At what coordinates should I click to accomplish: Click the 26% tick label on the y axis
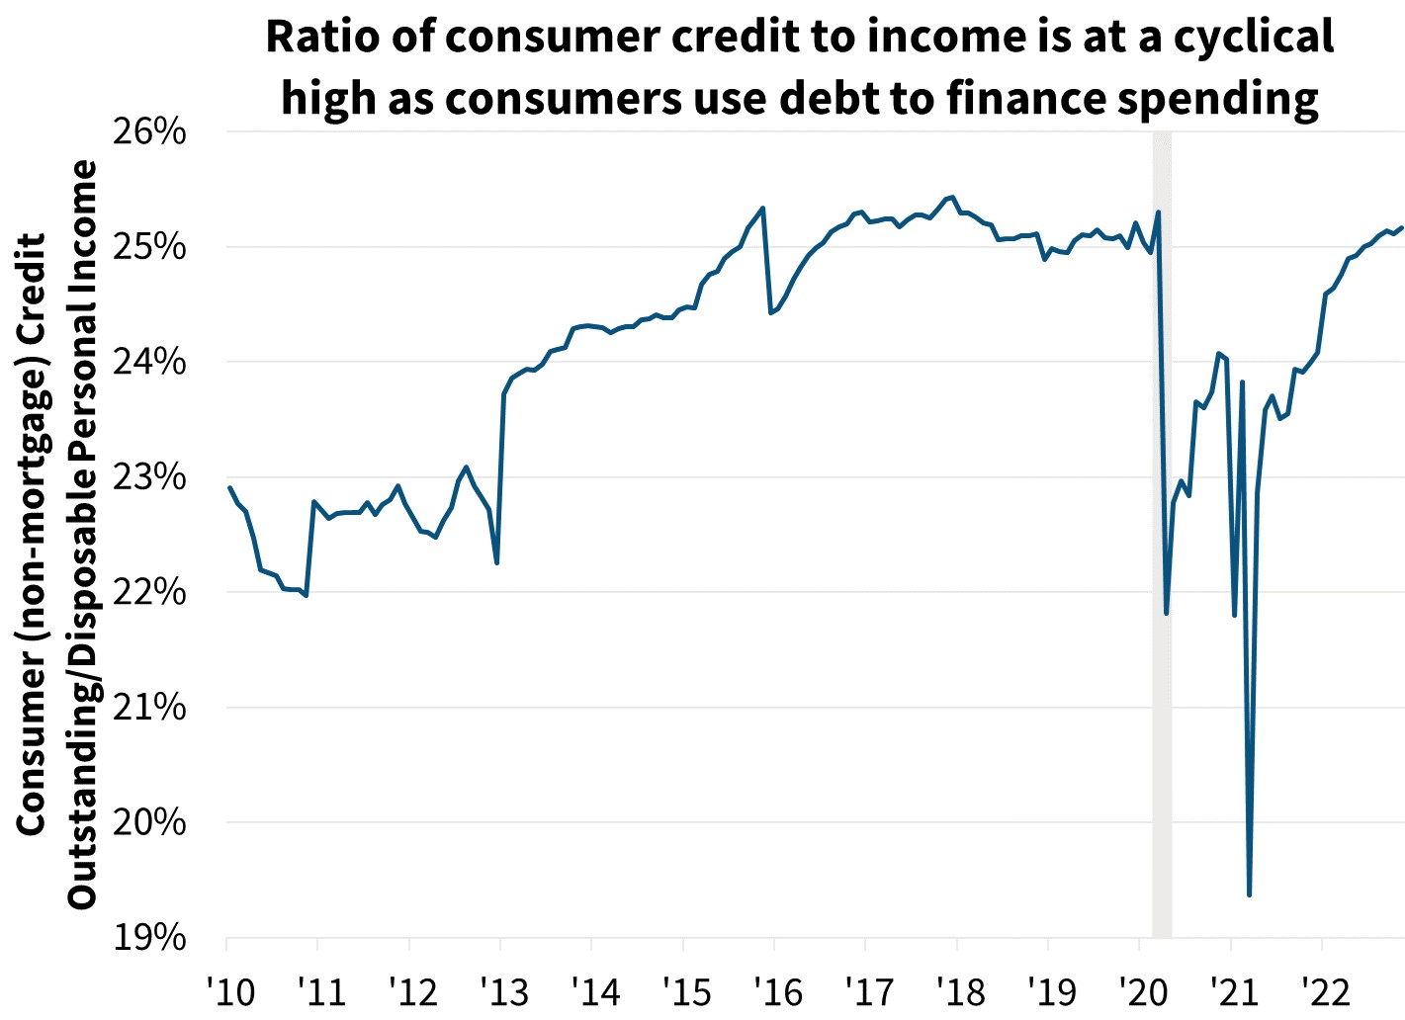pyautogui.click(x=149, y=131)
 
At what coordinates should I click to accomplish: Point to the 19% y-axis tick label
pyautogui.click(x=149, y=937)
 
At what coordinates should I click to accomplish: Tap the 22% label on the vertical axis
pyautogui.click(x=149, y=592)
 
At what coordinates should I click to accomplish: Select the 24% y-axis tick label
pyautogui.click(x=149, y=362)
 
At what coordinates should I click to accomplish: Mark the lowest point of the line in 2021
pyautogui.click(x=1250, y=894)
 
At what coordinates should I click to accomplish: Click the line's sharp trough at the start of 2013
pyautogui.click(x=496, y=563)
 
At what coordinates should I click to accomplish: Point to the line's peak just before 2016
pyautogui.click(x=762, y=208)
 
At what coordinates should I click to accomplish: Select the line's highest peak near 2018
pyautogui.click(x=951, y=197)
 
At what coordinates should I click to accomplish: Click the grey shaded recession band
pyautogui.click(x=1162, y=534)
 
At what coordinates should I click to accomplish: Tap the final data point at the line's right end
pyautogui.click(x=1401, y=228)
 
